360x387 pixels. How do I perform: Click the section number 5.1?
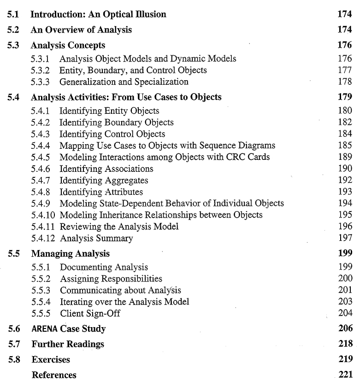[x=13, y=15]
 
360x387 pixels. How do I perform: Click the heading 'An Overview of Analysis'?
[x=81, y=30]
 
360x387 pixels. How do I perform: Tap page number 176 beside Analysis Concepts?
[x=345, y=46]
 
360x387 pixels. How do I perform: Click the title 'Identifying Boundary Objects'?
[x=117, y=122]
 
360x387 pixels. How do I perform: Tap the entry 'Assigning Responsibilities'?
[x=111, y=279]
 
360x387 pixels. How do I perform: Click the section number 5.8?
[x=13, y=359]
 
